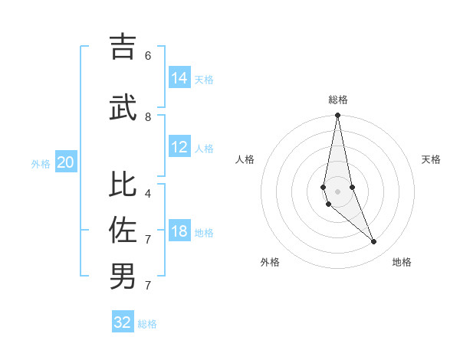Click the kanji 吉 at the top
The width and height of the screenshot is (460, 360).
[x=123, y=47]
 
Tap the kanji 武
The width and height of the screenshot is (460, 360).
[x=123, y=107]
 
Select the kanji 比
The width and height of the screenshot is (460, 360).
[x=123, y=185]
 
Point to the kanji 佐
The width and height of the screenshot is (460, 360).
[x=123, y=230]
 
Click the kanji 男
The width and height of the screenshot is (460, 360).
[x=123, y=276]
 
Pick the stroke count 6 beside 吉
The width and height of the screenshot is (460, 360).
[x=148, y=55]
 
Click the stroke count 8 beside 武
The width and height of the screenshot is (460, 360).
[x=148, y=116]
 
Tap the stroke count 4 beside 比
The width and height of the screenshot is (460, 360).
[x=148, y=193]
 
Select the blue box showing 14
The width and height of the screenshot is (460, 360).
[x=179, y=77]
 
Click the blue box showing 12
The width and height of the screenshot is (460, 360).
[x=179, y=147]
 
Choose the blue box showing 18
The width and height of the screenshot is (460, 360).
[x=179, y=231]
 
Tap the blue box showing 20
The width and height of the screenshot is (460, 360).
[x=66, y=162]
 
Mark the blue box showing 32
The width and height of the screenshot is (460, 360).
[x=123, y=322]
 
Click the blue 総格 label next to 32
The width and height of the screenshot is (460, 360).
[x=147, y=324]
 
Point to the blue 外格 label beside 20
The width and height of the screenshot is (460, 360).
[x=41, y=164]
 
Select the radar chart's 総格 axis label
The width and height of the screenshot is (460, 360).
[x=337, y=100]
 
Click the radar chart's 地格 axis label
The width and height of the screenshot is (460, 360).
[x=402, y=262]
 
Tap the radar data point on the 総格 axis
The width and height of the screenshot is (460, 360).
[x=337, y=116]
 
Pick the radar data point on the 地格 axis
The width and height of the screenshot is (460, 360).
[x=374, y=242]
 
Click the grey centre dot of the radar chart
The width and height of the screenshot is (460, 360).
[x=337, y=191]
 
